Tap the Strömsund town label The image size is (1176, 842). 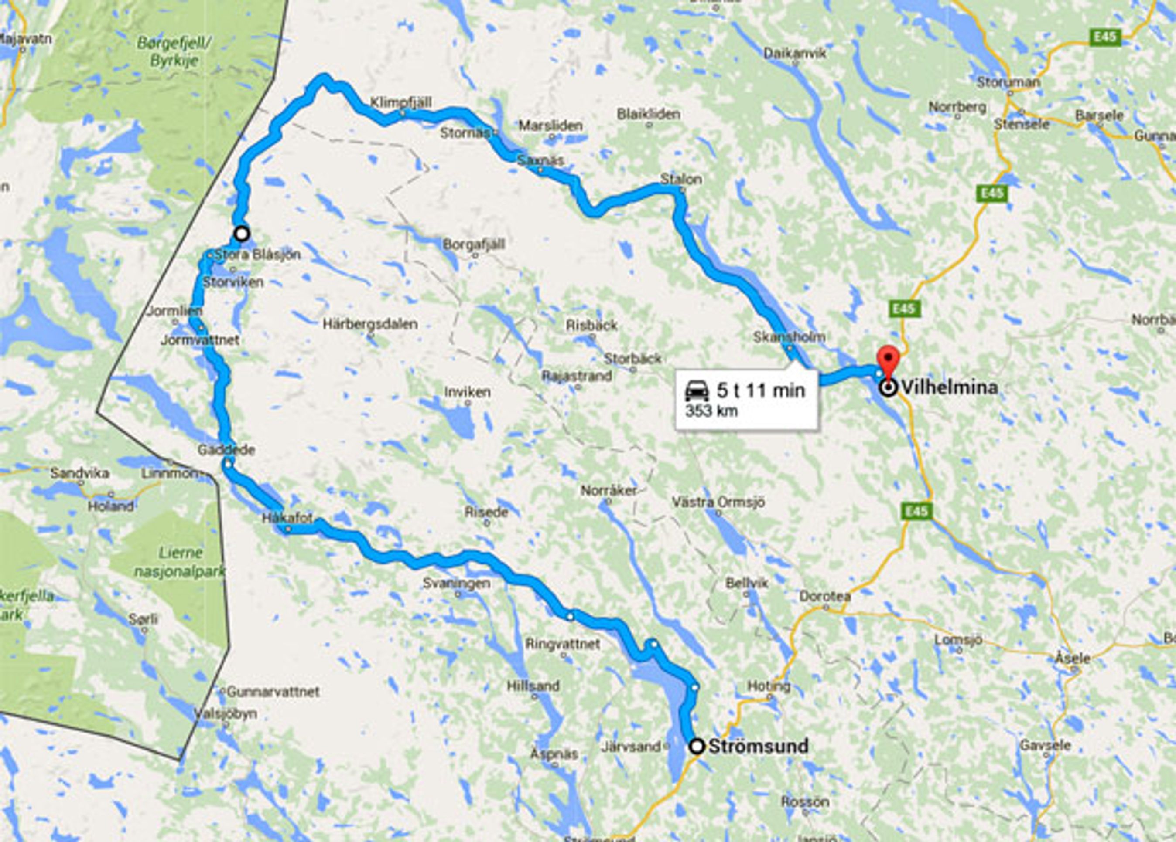(758, 746)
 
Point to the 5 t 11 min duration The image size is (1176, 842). (761, 390)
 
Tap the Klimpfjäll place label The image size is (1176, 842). (400, 102)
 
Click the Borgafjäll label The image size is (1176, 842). (473, 244)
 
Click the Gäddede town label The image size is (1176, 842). (226, 450)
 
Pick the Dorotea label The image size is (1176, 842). (825, 596)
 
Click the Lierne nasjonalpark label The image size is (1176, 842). (179, 562)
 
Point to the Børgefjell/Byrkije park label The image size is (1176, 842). (174, 51)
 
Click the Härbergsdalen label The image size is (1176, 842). (370, 324)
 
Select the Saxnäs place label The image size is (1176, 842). (540, 160)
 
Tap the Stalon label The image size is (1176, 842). (681, 179)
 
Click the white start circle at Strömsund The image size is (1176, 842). (697, 746)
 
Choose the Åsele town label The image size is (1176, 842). (1072, 658)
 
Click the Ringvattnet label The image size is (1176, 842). (563, 644)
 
